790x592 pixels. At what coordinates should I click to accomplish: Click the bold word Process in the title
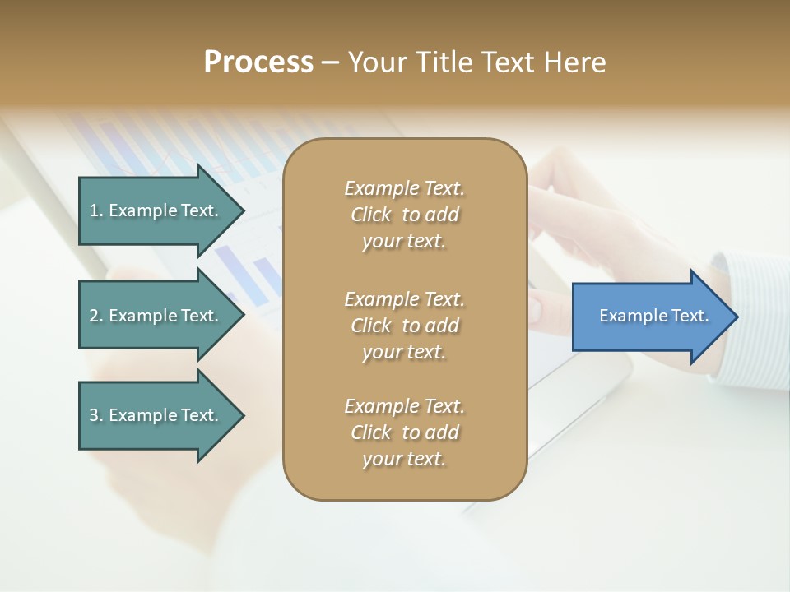258,62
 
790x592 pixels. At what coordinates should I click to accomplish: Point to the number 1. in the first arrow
95,210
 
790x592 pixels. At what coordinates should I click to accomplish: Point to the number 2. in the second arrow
95,316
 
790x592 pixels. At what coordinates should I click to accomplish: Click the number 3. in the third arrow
95,415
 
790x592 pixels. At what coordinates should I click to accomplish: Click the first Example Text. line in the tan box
404,188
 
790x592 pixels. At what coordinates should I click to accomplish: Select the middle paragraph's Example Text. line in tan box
404,299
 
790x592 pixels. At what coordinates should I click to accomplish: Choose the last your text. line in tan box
404,459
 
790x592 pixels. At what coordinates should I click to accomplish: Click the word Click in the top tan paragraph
371,215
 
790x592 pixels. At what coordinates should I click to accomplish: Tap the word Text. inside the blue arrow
690,316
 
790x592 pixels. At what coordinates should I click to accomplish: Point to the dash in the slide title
330,62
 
